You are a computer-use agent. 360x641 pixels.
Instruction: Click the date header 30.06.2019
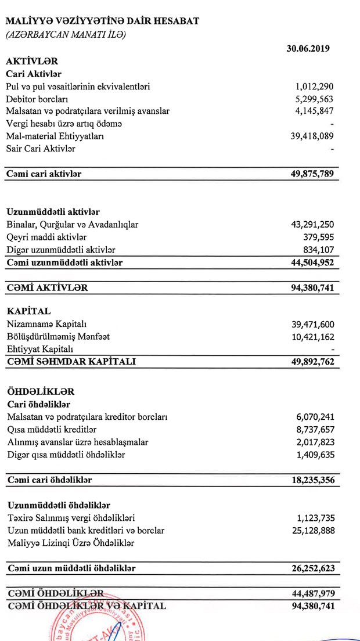point(308,48)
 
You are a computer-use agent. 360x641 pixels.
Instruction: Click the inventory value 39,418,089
point(312,136)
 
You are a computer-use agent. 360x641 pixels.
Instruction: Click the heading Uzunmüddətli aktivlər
point(53,212)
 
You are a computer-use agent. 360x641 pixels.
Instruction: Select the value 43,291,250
point(312,225)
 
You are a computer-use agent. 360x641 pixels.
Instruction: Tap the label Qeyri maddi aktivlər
point(46,237)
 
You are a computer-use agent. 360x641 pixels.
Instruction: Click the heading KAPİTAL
point(28,311)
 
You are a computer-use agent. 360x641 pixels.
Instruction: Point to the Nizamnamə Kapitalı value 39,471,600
point(312,324)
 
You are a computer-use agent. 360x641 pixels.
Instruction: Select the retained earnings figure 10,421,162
point(312,337)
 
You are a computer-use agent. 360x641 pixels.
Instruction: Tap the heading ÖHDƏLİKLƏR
point(41,392)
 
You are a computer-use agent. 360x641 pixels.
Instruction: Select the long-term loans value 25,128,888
point(312,531)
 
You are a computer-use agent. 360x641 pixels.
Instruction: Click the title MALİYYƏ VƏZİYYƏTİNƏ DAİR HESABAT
point(102,21)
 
